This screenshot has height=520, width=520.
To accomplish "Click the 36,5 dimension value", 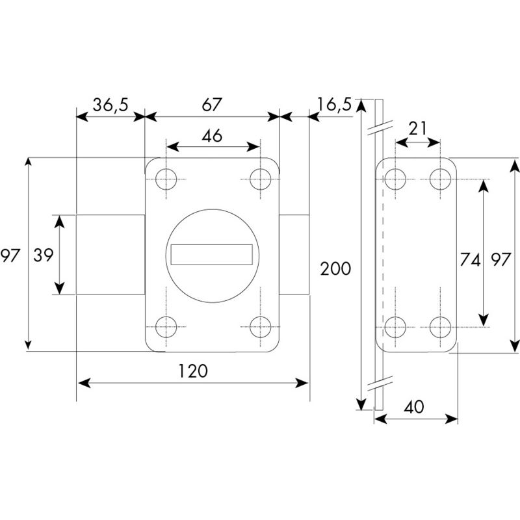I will pos(109,106).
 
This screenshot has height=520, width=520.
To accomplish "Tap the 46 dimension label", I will pos(212,136).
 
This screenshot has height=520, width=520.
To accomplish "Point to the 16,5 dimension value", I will pos(335,104).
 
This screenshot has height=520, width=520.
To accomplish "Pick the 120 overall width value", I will pos(193,371).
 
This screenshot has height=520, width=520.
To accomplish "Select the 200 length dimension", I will pos(335,268).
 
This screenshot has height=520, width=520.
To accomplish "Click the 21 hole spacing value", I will pos(418,128).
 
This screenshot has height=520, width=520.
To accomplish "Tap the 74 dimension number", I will pos(469,261).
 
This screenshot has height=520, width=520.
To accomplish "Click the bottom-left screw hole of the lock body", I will pos(166,328).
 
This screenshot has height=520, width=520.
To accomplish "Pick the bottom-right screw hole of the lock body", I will pos(261,328).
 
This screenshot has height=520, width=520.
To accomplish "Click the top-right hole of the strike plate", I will pos(440,177).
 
